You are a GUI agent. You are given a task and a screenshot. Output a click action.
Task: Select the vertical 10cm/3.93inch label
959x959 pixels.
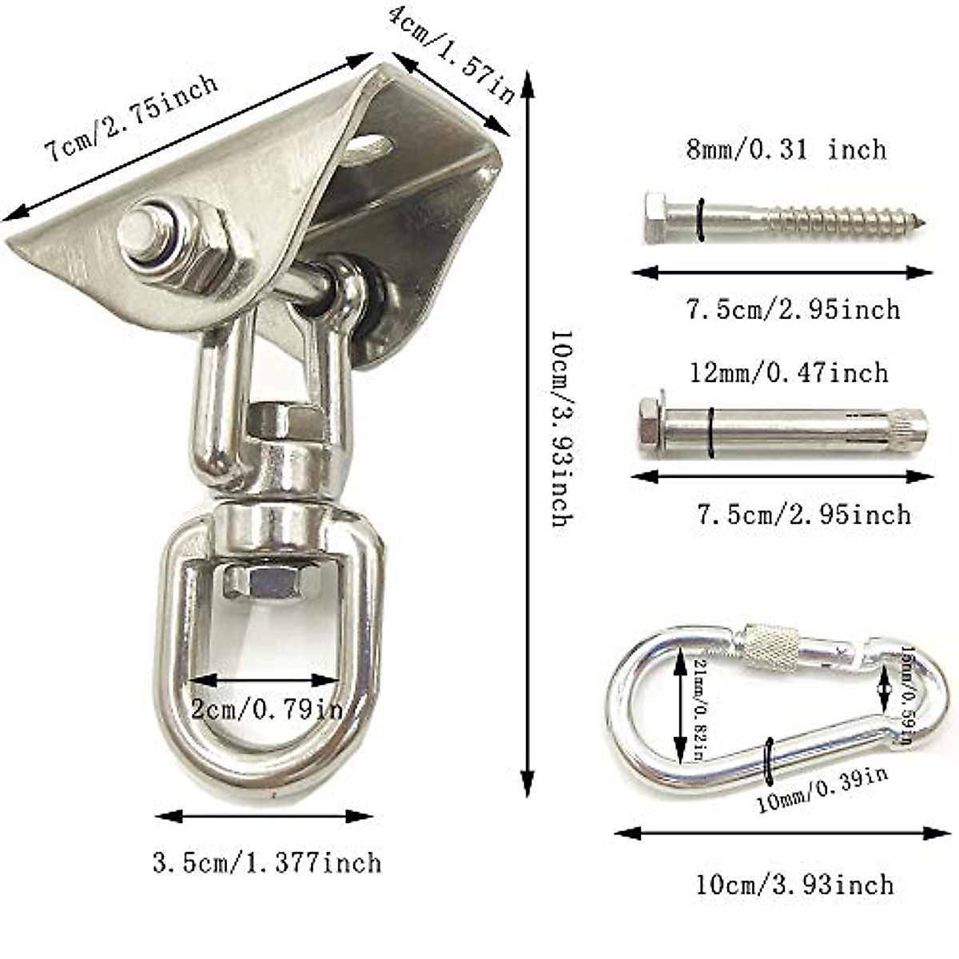coord(563,428)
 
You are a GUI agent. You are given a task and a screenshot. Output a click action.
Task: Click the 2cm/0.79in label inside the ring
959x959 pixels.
coord(266,708)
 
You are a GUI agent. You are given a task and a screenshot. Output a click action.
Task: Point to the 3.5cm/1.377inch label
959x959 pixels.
coord(266,863)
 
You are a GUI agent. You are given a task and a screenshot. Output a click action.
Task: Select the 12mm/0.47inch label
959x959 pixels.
coord(788,372)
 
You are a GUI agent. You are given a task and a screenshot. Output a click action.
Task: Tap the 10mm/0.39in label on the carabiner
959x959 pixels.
coord(822,790)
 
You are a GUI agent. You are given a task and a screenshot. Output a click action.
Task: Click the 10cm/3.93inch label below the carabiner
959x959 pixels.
coord(794,884)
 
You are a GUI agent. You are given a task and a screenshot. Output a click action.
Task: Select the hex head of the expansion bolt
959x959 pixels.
coord(649,424)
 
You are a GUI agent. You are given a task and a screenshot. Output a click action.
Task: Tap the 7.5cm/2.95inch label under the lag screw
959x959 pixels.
coord(794,308)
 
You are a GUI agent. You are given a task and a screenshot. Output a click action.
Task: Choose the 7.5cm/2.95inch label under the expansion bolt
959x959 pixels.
coord(802,514)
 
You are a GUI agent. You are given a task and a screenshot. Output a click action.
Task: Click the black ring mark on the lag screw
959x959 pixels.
coord(701,219)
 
